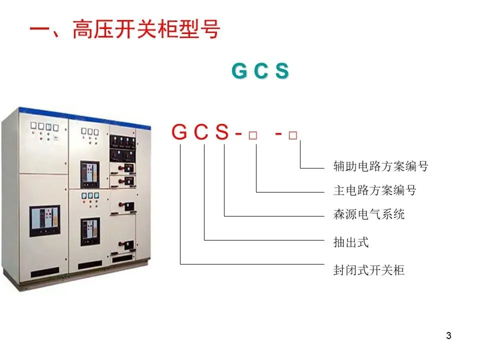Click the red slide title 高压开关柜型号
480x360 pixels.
click(x=146, y=29)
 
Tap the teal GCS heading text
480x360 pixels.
click(x=260, y=71)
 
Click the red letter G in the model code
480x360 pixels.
click(x=179, y=132)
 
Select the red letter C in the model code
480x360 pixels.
click(x=201, y=132)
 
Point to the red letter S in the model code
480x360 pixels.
click(x=222, y=132)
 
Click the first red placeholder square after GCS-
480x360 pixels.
click(x=253, y=135)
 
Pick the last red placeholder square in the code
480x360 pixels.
click(x=293, y=135)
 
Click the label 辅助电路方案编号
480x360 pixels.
click(x=381, y=166)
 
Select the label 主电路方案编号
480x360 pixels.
click(x=375, y=190)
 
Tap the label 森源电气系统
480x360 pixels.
click(x=369, y=214)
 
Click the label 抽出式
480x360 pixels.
click(x=351, y=242)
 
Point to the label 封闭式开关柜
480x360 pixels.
click(x=369, y=270)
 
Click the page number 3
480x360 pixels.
click(x=448, y=335)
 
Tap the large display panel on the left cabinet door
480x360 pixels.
click(x=44, y=221)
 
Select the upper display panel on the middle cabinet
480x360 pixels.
click(x=89, y=174)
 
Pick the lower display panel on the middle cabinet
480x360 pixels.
click(x=90, y=231)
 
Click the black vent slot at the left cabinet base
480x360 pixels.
click(x=44, y=272)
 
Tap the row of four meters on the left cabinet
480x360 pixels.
click(x=44, y=126)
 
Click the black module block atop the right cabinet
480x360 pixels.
click(x=122, y=148)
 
